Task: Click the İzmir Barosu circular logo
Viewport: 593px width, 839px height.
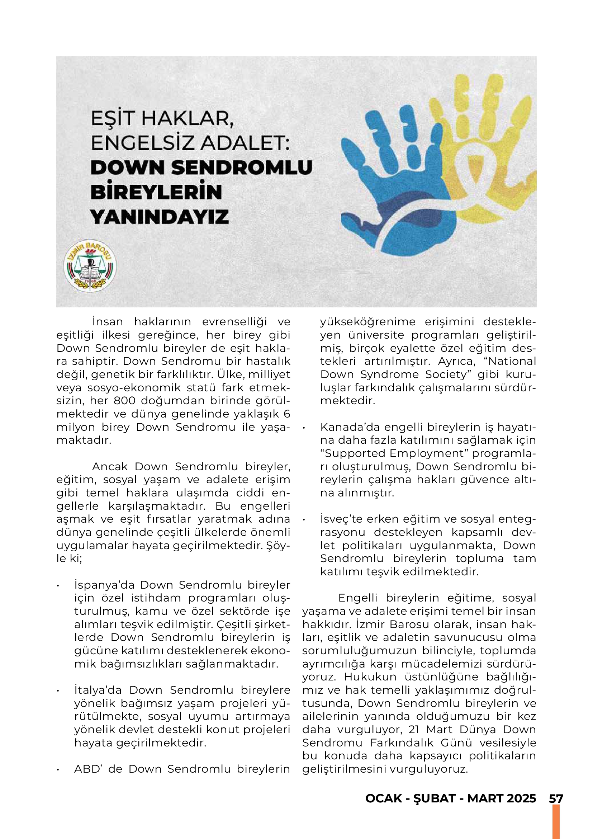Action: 90,266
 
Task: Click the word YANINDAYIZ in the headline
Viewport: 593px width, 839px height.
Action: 160,217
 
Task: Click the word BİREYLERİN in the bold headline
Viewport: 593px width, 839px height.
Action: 156,192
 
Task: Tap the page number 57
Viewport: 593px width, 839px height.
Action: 556,798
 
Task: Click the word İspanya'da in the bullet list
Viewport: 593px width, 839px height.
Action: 104,585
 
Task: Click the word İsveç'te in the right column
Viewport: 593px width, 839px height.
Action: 341,519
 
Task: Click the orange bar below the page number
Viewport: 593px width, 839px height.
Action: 556,822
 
